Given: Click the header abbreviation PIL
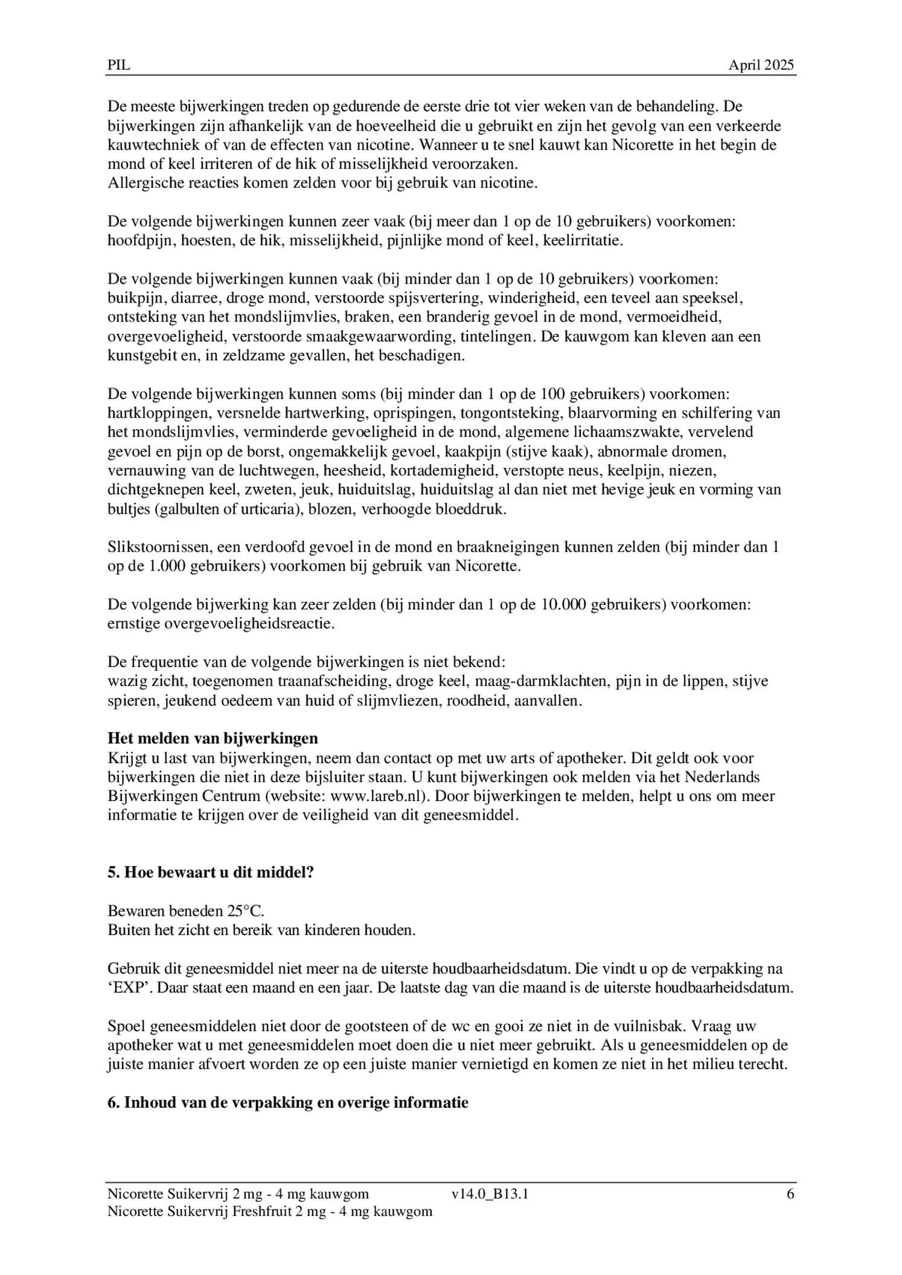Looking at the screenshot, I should point(119,65).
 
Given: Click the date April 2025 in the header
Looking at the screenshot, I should point(761,65).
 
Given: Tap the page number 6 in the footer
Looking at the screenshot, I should point(790,1194).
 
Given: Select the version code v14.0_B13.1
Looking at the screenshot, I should point(490,1194).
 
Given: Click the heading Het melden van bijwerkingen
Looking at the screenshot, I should point(213,738).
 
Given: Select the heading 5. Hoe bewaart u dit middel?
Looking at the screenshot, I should point(211,872).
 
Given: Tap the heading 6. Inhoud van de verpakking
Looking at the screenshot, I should point(288,1102).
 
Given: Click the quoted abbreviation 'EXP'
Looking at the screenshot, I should point(125,988).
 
